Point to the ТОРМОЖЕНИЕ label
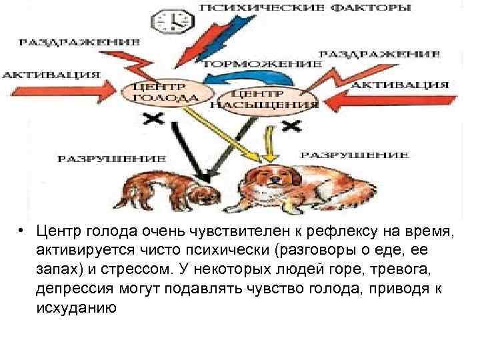pyautogui.click(x=269, y=63)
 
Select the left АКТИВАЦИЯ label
pyautogui.click(x=51, y=73)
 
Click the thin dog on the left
pyautogui.click(x=169, y=189)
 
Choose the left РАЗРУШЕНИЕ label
pyautogui.click(x=110, y=158)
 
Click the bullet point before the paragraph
pyautogui.click(x=22, y=232)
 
